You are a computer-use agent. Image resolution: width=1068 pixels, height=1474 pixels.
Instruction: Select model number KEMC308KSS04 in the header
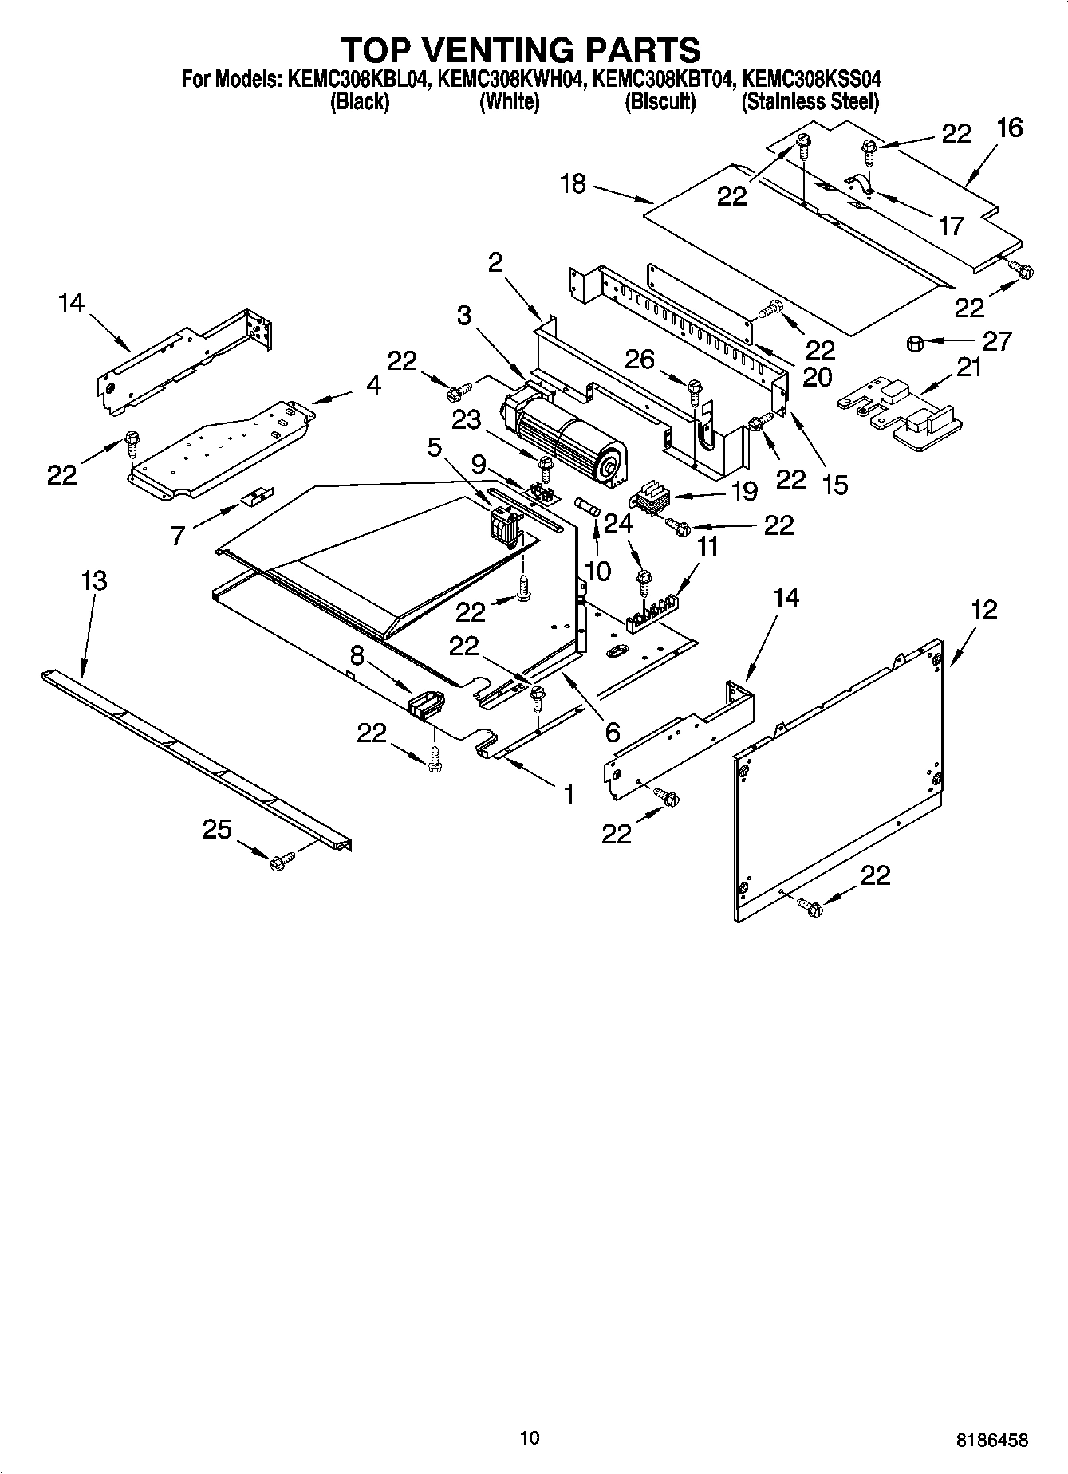811,80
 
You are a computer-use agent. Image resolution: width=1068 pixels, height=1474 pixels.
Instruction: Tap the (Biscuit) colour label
660,102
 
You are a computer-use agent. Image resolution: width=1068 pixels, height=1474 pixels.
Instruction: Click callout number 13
94,580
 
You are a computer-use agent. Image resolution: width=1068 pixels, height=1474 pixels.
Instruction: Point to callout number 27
996,341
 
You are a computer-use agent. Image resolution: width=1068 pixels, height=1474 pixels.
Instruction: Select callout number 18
573,184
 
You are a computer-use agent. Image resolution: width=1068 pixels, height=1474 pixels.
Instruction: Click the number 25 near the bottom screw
216,830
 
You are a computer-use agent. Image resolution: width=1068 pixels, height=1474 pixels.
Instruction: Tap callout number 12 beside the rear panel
984,611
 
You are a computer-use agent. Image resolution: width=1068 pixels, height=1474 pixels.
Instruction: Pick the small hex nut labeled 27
915,344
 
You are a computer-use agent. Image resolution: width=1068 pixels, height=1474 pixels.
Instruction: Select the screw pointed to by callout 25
280,862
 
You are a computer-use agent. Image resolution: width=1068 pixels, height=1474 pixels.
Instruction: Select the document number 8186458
991,1441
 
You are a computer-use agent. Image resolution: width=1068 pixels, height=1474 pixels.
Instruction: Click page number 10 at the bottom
529,1437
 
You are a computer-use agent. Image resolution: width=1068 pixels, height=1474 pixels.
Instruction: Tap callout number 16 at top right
1009,128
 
